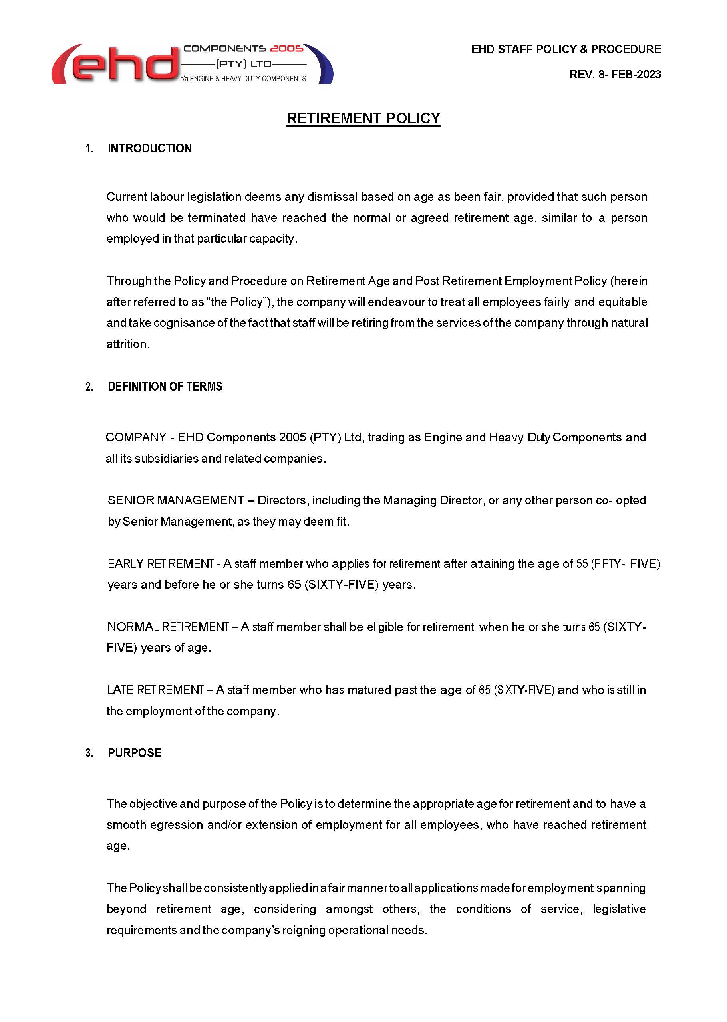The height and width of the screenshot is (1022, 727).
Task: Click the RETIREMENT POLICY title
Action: point(363,118)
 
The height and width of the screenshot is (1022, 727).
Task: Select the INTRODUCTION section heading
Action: point(149,148)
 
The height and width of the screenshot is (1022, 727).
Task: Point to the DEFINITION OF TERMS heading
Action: point(165,386)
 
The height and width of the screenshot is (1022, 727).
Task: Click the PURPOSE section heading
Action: point(134,753)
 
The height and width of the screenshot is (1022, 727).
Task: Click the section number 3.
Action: point(89,753)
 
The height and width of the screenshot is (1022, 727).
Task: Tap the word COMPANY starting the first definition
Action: point(136,437)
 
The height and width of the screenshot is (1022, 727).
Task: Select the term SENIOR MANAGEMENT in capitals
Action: point(176,500)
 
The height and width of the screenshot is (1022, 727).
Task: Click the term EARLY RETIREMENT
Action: point(161,563)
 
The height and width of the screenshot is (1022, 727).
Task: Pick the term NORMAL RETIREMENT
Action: point(168,627)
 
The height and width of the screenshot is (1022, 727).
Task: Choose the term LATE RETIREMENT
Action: point(156,690)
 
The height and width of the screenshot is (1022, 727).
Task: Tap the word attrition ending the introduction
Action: point(127,344)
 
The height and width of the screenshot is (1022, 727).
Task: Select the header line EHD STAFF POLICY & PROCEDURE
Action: point(566,49)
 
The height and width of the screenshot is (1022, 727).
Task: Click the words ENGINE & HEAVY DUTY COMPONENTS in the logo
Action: point(248,79)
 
